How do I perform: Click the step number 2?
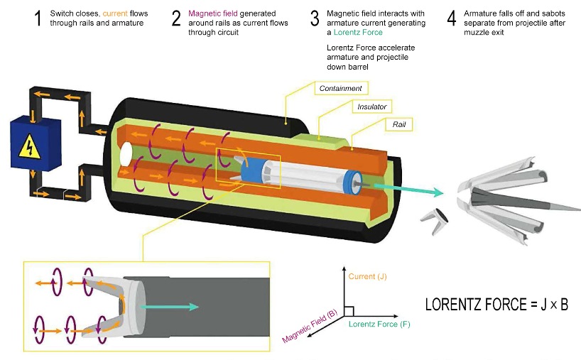click(176, 18)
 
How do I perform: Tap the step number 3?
click(315, 18)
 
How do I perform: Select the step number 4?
click(452, 18)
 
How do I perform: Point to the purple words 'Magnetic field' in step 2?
click(212, 13)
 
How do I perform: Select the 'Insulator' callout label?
click(371, 107)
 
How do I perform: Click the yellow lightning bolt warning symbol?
click(28, 146)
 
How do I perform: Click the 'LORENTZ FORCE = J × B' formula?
click(496, 305)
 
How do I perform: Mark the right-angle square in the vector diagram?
click(350, 310)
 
